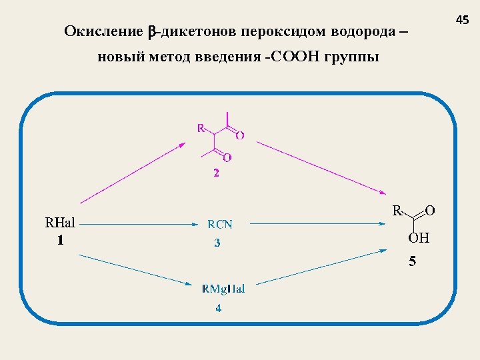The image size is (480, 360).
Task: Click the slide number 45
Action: point(463,21)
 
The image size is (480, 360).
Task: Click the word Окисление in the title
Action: point(103,31)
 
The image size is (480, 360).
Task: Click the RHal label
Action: point(59,223)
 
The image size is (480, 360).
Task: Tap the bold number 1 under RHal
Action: point(60,240)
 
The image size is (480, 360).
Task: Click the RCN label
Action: point(219,225)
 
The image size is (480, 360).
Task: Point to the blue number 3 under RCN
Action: point(217,243)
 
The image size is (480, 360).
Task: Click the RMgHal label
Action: point(223,289)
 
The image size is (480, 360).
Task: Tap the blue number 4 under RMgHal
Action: point(218,308)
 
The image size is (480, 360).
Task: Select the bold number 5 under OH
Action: point(412,261)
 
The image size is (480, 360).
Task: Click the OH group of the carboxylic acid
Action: point(419,238)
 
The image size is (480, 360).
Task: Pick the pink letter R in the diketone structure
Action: point(201,127)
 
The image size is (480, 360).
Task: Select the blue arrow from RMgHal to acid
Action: point(320,267)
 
